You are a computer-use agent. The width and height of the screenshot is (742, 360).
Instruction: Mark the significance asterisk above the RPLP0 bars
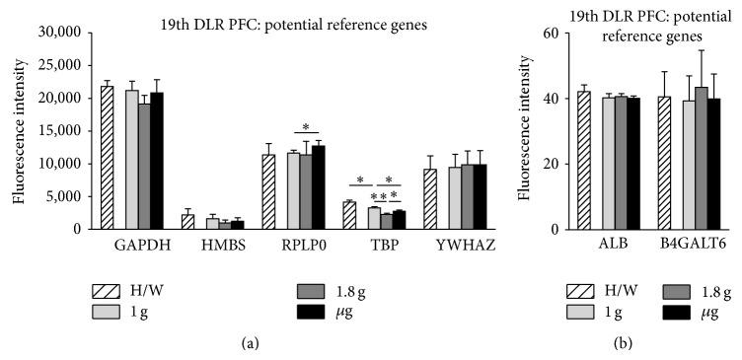[307, 127]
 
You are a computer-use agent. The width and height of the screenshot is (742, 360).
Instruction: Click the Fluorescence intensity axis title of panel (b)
[524, 131]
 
